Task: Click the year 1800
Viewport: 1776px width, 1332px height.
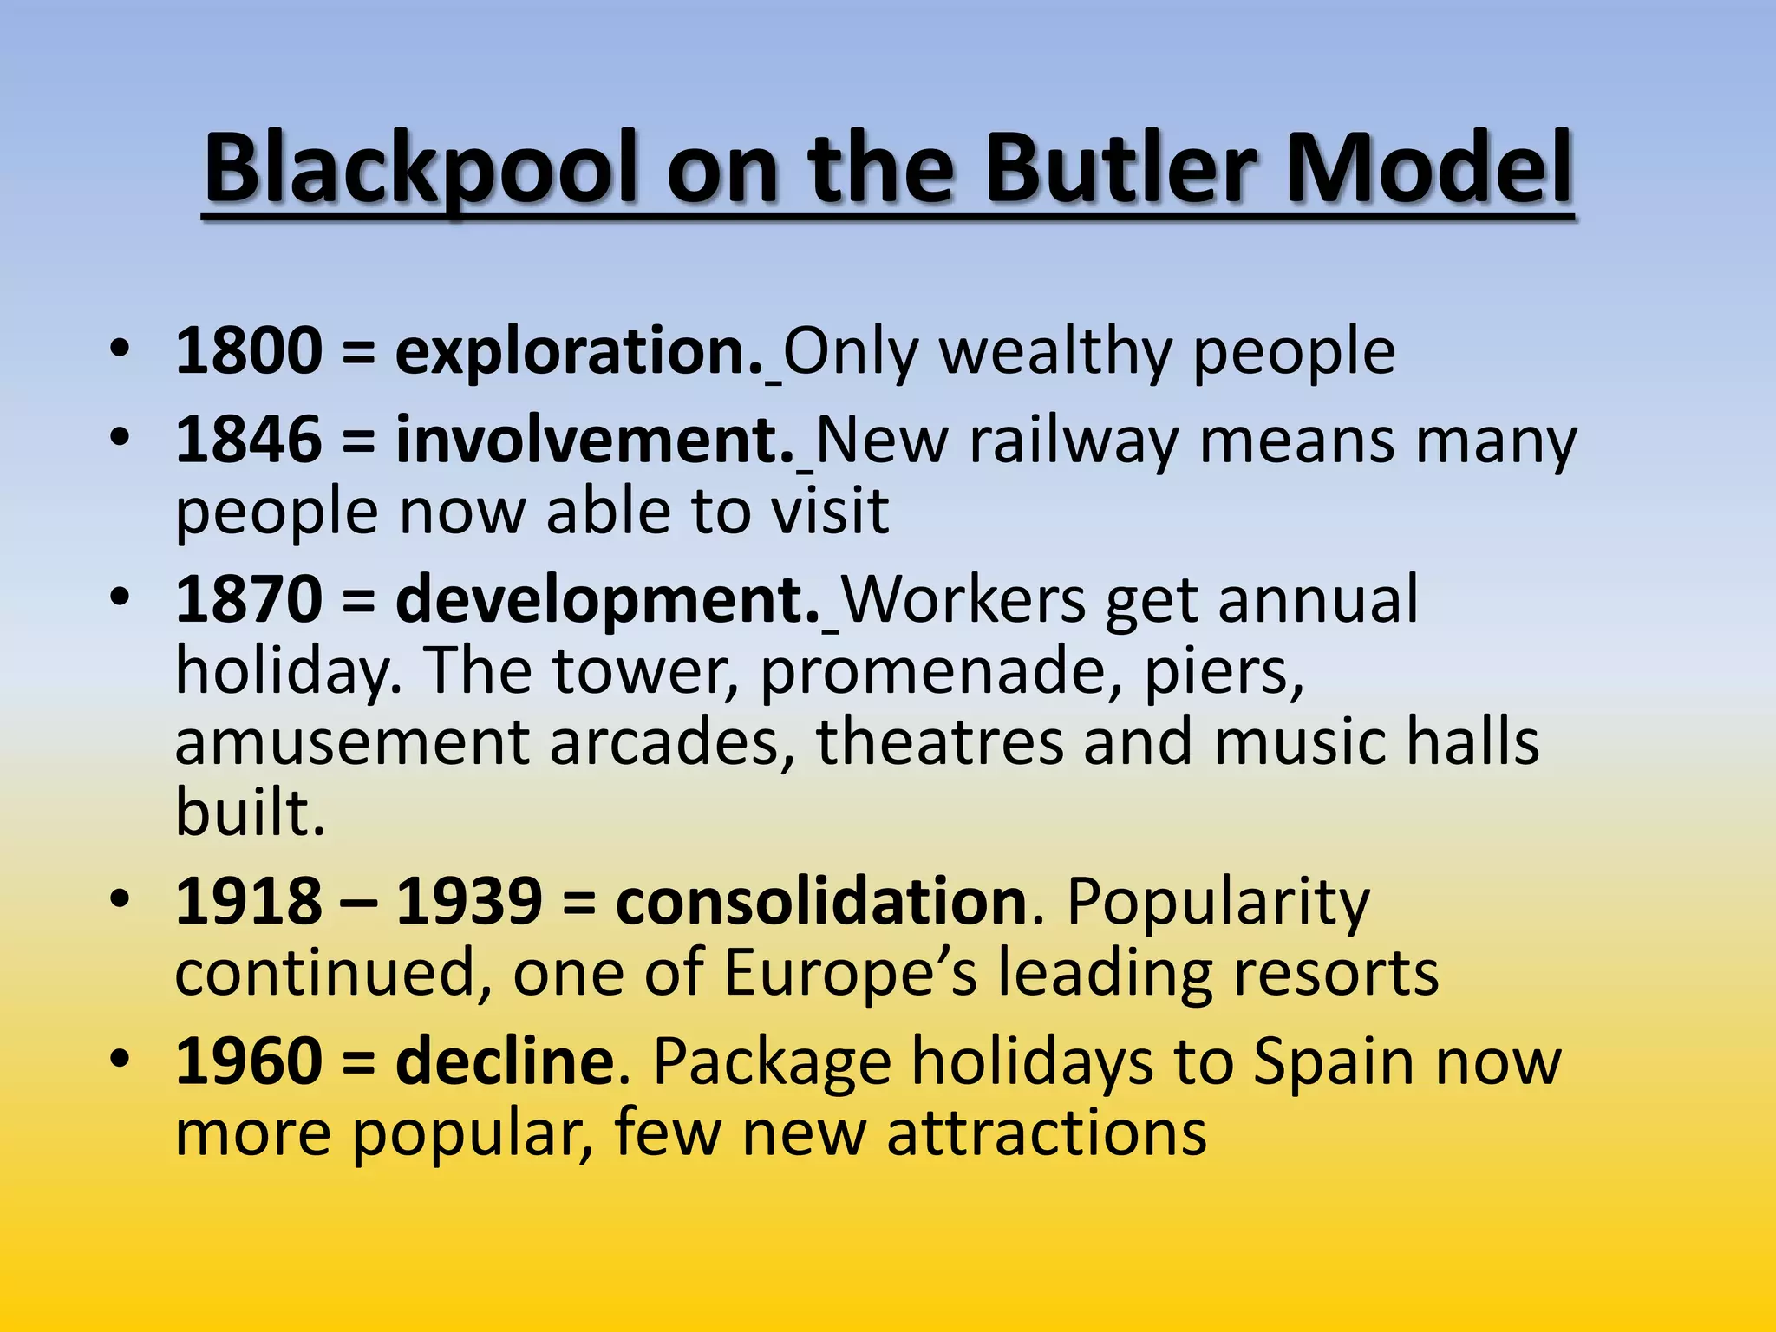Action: pos(249,352)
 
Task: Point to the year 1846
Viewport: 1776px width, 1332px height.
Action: pos(249,441)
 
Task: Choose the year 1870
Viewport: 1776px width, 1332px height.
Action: pos(249,600)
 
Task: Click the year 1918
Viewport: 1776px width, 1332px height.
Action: pos(249,902)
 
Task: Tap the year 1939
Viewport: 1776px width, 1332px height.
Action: pos(469,902)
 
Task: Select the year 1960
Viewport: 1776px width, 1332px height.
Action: pos(249,1061)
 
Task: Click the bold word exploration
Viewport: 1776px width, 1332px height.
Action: pos(578,352)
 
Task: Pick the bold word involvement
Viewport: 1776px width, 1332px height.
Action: pos(595,441)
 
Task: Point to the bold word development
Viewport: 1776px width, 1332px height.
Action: pos(608,600)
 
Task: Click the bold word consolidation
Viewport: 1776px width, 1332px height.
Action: pos(822,902)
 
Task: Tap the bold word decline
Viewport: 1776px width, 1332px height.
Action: pos(505,1061)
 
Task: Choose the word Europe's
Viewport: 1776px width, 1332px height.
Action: pos(850,973)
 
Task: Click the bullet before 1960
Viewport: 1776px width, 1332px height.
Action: pos(120,1059)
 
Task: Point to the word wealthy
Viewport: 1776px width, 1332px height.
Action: pos(1055,352)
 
